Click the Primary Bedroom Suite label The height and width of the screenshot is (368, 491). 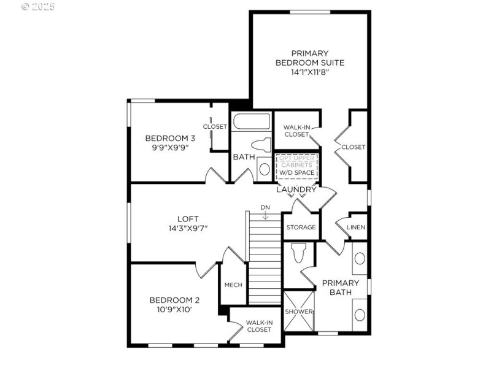309,58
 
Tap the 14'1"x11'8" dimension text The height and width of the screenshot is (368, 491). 309,72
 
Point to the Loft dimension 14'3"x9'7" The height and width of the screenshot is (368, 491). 188,228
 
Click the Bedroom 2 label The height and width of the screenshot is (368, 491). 174,300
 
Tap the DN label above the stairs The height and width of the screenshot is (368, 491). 265,207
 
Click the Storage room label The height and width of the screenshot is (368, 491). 301,228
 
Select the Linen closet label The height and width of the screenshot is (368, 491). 356,228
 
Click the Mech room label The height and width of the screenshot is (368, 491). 233,285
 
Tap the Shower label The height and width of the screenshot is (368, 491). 299,312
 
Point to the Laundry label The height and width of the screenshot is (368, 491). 296,190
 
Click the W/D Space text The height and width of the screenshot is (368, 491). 296,173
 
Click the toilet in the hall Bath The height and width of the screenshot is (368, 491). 264,146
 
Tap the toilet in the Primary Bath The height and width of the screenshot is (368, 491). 299,252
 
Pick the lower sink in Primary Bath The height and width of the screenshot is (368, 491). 360,315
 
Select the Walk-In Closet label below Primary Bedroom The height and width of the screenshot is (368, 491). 296,131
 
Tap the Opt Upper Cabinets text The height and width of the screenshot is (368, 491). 296,161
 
